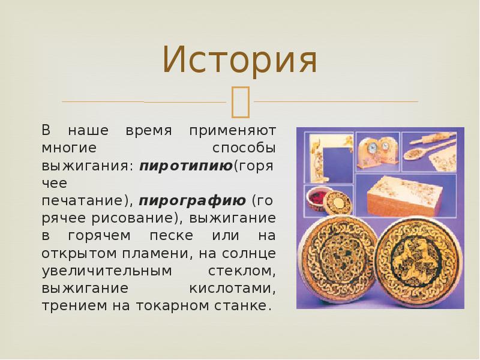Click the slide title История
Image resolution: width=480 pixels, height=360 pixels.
coord(239,61)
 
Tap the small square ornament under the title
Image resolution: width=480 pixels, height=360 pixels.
coord(239,101)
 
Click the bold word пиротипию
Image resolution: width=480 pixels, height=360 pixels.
coord(185,165)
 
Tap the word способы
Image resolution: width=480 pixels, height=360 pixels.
coord(244,147)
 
